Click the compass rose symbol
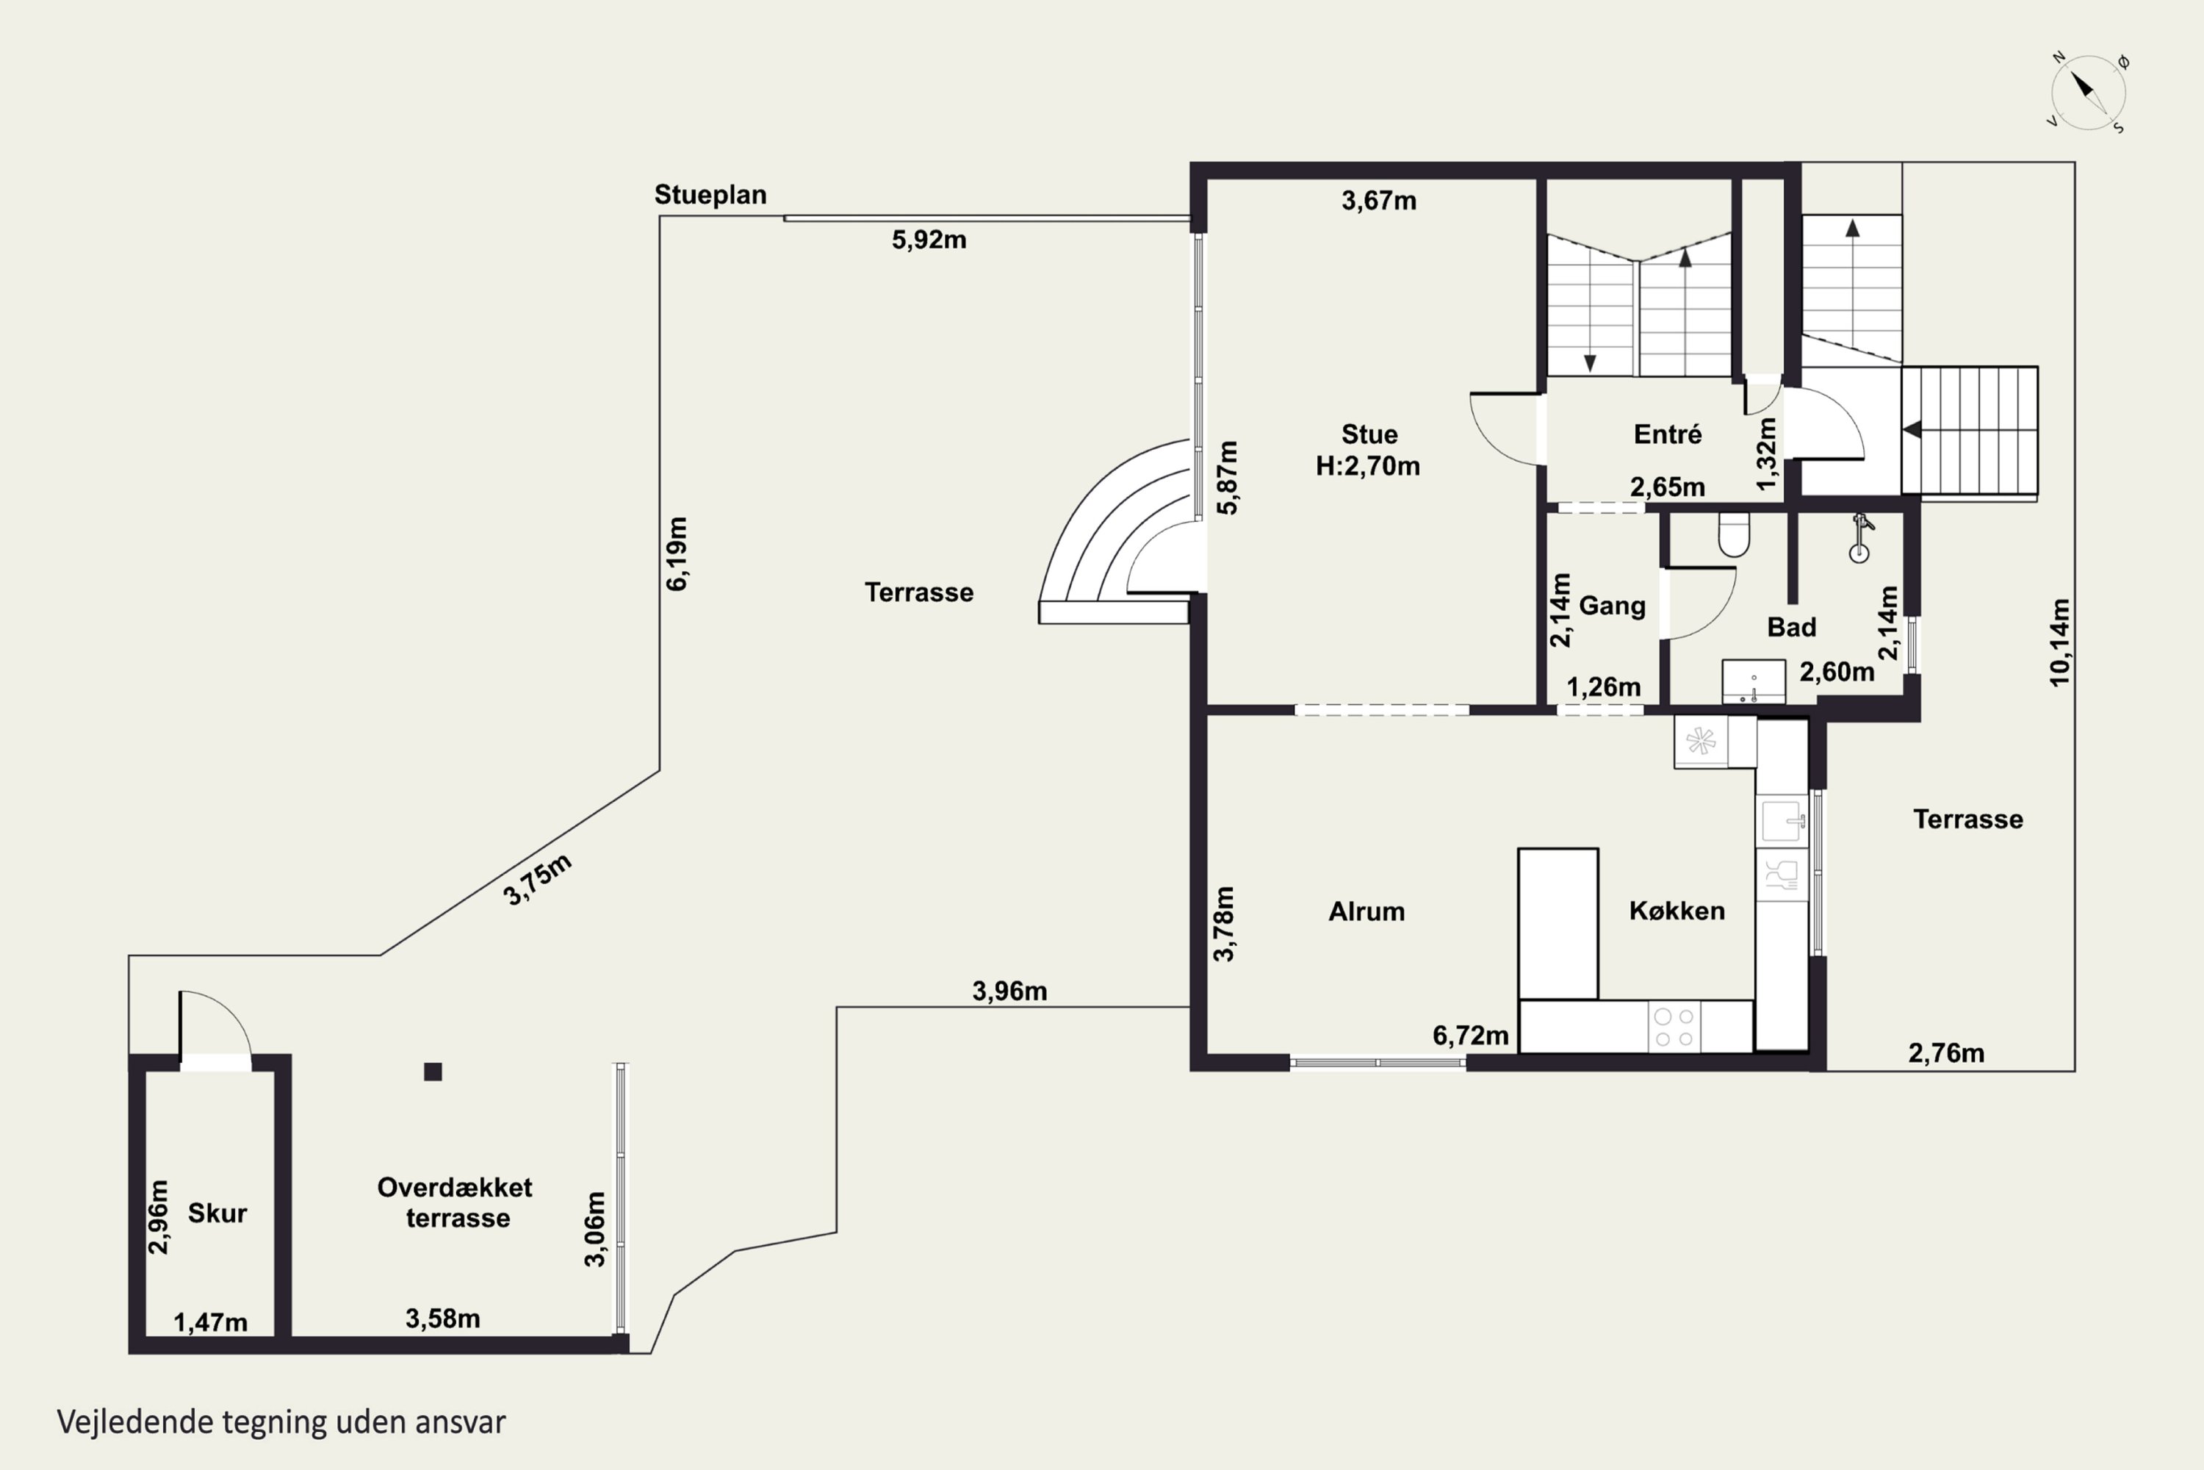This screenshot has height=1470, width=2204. click(2088, 92)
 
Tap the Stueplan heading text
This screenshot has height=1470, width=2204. click(710, 195)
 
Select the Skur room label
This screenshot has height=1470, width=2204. click(217, 1213)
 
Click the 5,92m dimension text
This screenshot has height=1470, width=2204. click(929, 240)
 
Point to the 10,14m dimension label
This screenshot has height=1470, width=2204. click(2060, 643)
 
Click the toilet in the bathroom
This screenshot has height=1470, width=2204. click(1734, 534)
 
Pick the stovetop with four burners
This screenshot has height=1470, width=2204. click(1674, 1027)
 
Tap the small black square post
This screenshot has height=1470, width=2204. click(433, 1072)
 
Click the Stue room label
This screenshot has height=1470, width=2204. click(1369, 434)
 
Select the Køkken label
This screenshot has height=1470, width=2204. click(1677, 911)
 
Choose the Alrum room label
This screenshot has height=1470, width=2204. click(1366, 911)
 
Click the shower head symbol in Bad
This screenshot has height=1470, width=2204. click(1860, 537)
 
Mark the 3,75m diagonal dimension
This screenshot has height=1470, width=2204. click(537, 881)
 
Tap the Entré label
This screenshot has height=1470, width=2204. click(1667, 434)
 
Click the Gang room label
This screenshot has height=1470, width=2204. click(1612, 606)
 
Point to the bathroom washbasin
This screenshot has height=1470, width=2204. click(1753, 681)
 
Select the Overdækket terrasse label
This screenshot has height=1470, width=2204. click(455, 1202)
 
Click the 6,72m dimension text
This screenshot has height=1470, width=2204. click(1470, 1036)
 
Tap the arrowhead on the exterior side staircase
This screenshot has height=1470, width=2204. click(1912, 429)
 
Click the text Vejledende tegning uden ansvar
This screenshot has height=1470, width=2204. click(281, 1422)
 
